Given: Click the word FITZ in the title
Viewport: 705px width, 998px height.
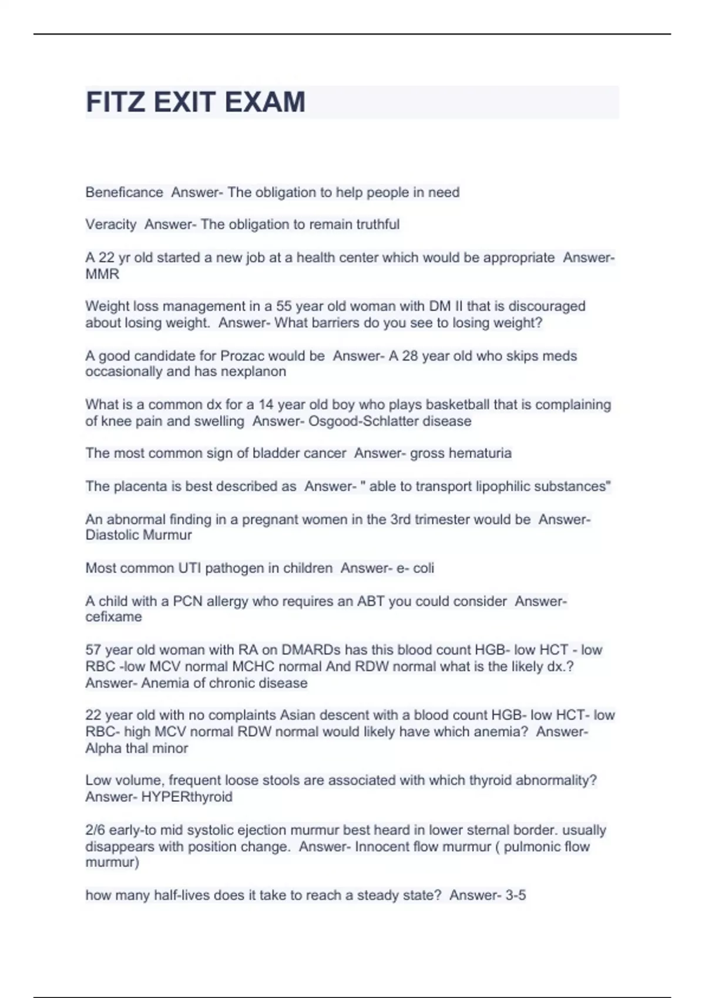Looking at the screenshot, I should click(x=115, y=102).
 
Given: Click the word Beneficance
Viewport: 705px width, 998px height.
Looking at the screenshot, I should click(x=124, y=193).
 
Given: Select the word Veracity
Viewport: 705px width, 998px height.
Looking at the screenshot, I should click(x=110, y=225).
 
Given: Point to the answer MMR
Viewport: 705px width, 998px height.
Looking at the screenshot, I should click(x=102, y=274).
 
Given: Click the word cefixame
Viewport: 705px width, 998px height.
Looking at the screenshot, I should click(x=113, y=617).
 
